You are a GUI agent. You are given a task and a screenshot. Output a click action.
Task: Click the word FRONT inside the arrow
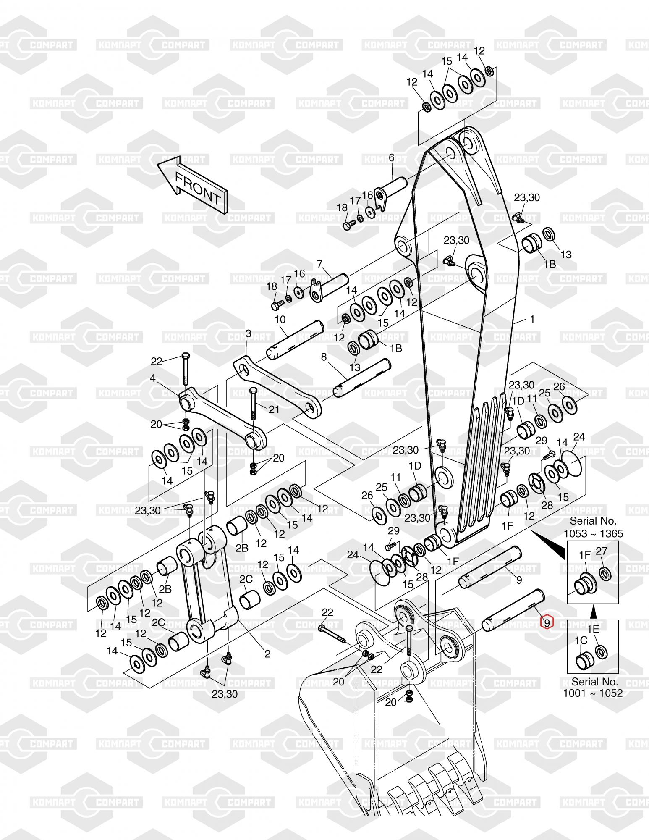click(x=197, y=189)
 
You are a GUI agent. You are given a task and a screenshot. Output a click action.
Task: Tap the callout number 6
click(x=392, y=158)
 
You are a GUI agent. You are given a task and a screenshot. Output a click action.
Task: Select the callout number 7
click(x=320, y=264)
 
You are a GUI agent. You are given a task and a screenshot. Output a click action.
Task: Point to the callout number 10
click(x=280, y=320)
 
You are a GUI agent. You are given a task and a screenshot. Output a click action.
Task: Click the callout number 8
click(x=324, y=357)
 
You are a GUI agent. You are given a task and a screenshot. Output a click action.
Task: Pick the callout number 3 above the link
click(x=248, y=333)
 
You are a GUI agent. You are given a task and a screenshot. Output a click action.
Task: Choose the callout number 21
click(x=274, y=409)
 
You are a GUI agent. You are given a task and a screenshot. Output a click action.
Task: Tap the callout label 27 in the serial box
click(x=602, y=551)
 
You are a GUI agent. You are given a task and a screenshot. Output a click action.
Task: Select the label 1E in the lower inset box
click(x=593, y=629)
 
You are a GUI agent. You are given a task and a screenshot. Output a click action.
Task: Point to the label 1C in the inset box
click(x=581, y=640)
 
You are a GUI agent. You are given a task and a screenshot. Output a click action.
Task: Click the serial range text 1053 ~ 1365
click(x=593, y=533)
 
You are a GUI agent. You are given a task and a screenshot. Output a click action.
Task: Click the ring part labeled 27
click(x=605, y=573)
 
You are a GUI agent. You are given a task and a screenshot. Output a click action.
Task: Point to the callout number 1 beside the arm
click(x=532, y=319)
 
